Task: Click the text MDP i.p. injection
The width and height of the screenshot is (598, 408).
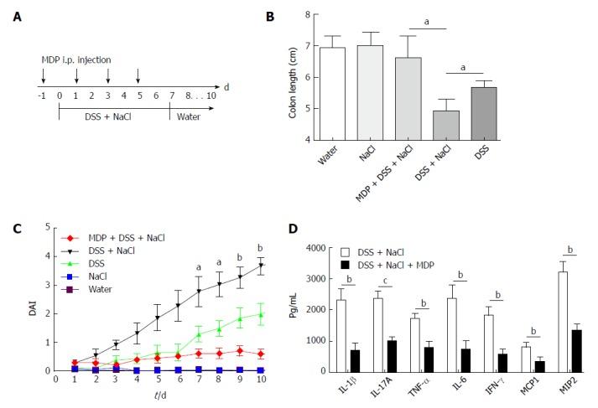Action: click(76, 59)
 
